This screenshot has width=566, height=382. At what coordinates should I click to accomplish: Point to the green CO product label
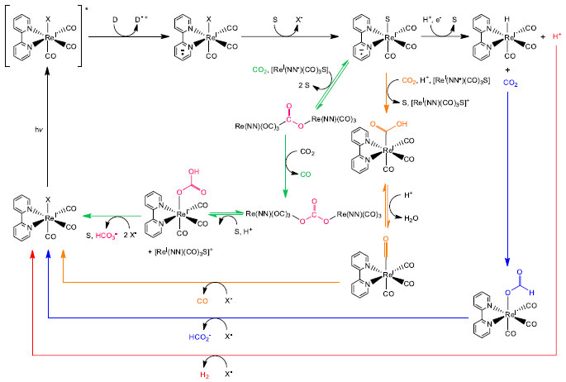pos(305,174)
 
